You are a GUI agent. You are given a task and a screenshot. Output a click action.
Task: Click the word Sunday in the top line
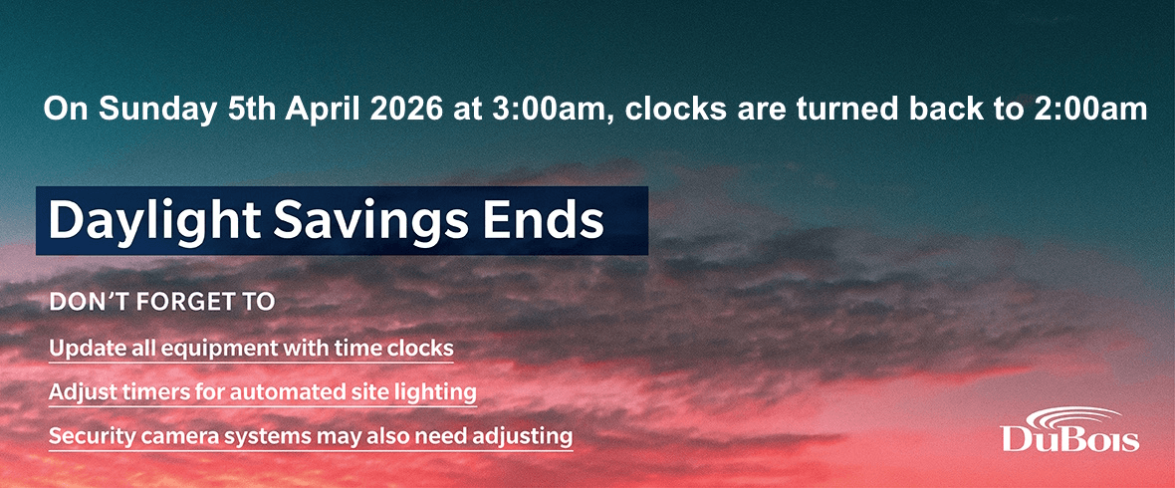(x=156, y=110)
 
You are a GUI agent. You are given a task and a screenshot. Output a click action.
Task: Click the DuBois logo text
(x=1069, y=439)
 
